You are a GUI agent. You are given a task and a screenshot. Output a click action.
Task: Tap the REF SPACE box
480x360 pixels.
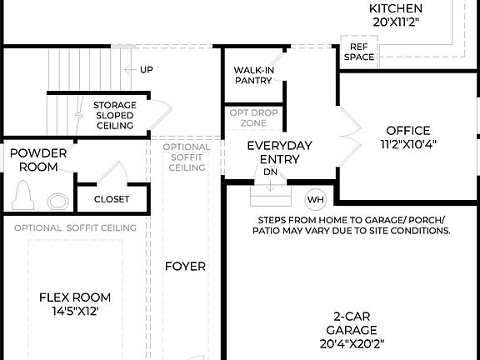[x=359, y=52]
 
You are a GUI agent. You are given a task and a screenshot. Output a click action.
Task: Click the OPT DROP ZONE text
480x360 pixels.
[x=252, y=117]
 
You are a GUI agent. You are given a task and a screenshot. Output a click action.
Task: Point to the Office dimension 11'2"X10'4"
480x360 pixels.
[x=407, y=143]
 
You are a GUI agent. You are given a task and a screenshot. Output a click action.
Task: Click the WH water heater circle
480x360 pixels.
[x=315, y=200]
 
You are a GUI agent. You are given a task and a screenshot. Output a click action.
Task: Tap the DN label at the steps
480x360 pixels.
[x=270, y=172]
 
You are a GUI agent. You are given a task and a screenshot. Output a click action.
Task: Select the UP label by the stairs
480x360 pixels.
[x=147, y=69]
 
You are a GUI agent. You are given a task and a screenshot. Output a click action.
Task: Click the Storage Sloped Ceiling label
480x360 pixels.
[x=114, y=116]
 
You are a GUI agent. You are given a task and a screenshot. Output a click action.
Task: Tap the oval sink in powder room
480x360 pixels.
[x=57, y=202]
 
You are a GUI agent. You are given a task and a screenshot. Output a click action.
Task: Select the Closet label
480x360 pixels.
[x=111, y=199]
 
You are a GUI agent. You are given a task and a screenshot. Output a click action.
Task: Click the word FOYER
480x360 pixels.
[x=184, y=267]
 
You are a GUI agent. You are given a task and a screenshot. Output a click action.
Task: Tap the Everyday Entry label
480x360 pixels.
[x=279, y=152]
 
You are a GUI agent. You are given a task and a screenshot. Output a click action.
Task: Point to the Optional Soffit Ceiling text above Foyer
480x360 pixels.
[x=186, y=157]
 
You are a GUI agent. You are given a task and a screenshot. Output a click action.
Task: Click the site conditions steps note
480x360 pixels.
[x=351, y=225]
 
